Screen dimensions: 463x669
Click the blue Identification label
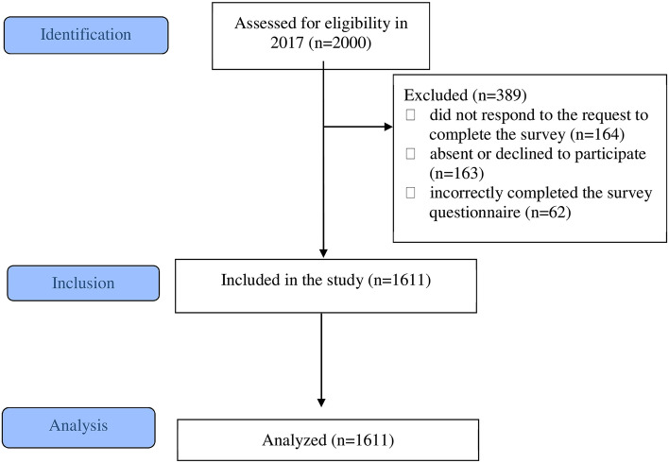click(86, 35)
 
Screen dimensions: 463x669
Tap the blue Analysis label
click(79, 426)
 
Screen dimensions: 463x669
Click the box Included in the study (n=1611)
click(322, 282)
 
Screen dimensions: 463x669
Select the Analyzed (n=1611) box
click(322, 439)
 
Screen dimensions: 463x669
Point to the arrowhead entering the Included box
click(323, 252)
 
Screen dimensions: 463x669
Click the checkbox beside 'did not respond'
click(410, 115)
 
